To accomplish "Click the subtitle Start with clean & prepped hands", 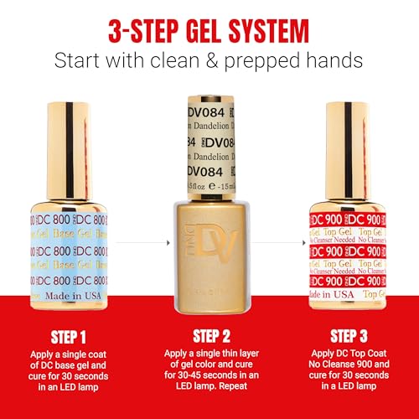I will pyautogui.click(x=209, y=60).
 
